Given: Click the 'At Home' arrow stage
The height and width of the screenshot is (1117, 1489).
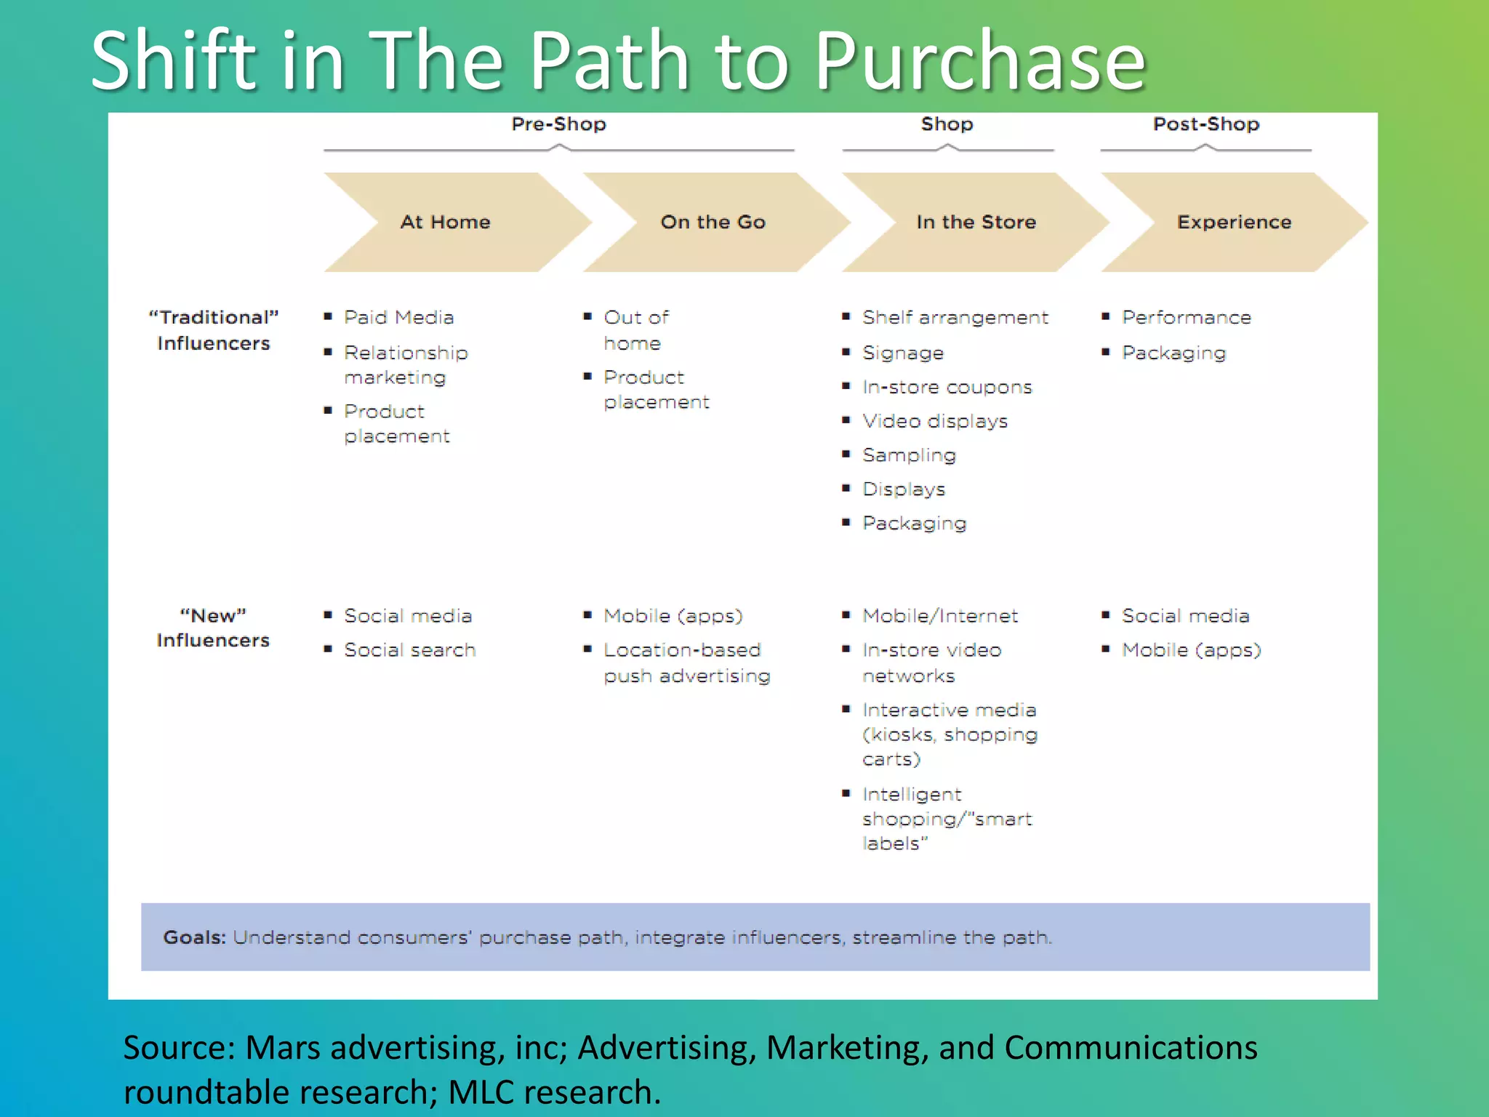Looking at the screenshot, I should tap(445, 222).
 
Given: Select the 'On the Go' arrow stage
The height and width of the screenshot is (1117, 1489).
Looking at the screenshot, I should tap(713, 222).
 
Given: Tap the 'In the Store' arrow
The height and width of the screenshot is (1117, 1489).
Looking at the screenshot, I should tap(976, 222).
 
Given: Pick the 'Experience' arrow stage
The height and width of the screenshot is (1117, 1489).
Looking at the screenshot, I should tap(1234, 222).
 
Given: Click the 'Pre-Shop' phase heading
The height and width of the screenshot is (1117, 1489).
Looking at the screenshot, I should tap(558, 124).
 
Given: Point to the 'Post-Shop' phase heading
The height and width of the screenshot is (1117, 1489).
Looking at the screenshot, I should tap(1206, 124).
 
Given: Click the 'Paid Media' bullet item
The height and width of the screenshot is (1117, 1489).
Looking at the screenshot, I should tap(398, 318).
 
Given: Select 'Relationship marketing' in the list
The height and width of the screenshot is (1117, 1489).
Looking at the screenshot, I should tap(405, 365).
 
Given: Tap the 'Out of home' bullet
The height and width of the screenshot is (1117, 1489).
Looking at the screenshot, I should tap(635, 330).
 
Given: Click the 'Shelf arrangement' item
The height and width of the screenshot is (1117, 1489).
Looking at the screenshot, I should tap(955, 318).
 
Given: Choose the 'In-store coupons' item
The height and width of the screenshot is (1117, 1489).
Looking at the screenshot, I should tap(947, 387).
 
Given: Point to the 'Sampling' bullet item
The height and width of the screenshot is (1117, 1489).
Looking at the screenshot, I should tap(909, 455).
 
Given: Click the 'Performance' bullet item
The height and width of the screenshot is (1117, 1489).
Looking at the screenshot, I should tap(1186, 318).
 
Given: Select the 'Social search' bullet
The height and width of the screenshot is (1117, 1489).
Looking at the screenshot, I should tap(409, 650).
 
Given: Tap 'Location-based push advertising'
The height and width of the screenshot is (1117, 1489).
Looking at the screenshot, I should tap(686, 662).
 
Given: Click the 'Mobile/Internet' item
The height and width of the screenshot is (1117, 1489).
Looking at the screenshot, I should tap(939, 616).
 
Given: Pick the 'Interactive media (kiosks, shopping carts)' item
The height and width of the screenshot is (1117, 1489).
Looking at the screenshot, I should tap(949, 734).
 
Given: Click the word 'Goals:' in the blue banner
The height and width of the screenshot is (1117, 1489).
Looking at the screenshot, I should tap(194, 937).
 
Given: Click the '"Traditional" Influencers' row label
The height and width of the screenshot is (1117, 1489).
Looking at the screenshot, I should tap(213, 330).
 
